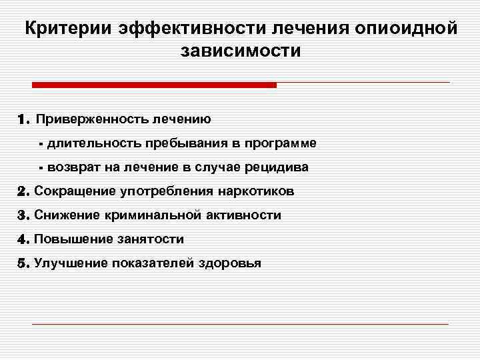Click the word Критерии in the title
click(69, 29)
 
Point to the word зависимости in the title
click(240, 51)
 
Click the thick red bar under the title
click(154, 85)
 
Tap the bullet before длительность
click(41, 144)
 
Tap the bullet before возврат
click(41, 168)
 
